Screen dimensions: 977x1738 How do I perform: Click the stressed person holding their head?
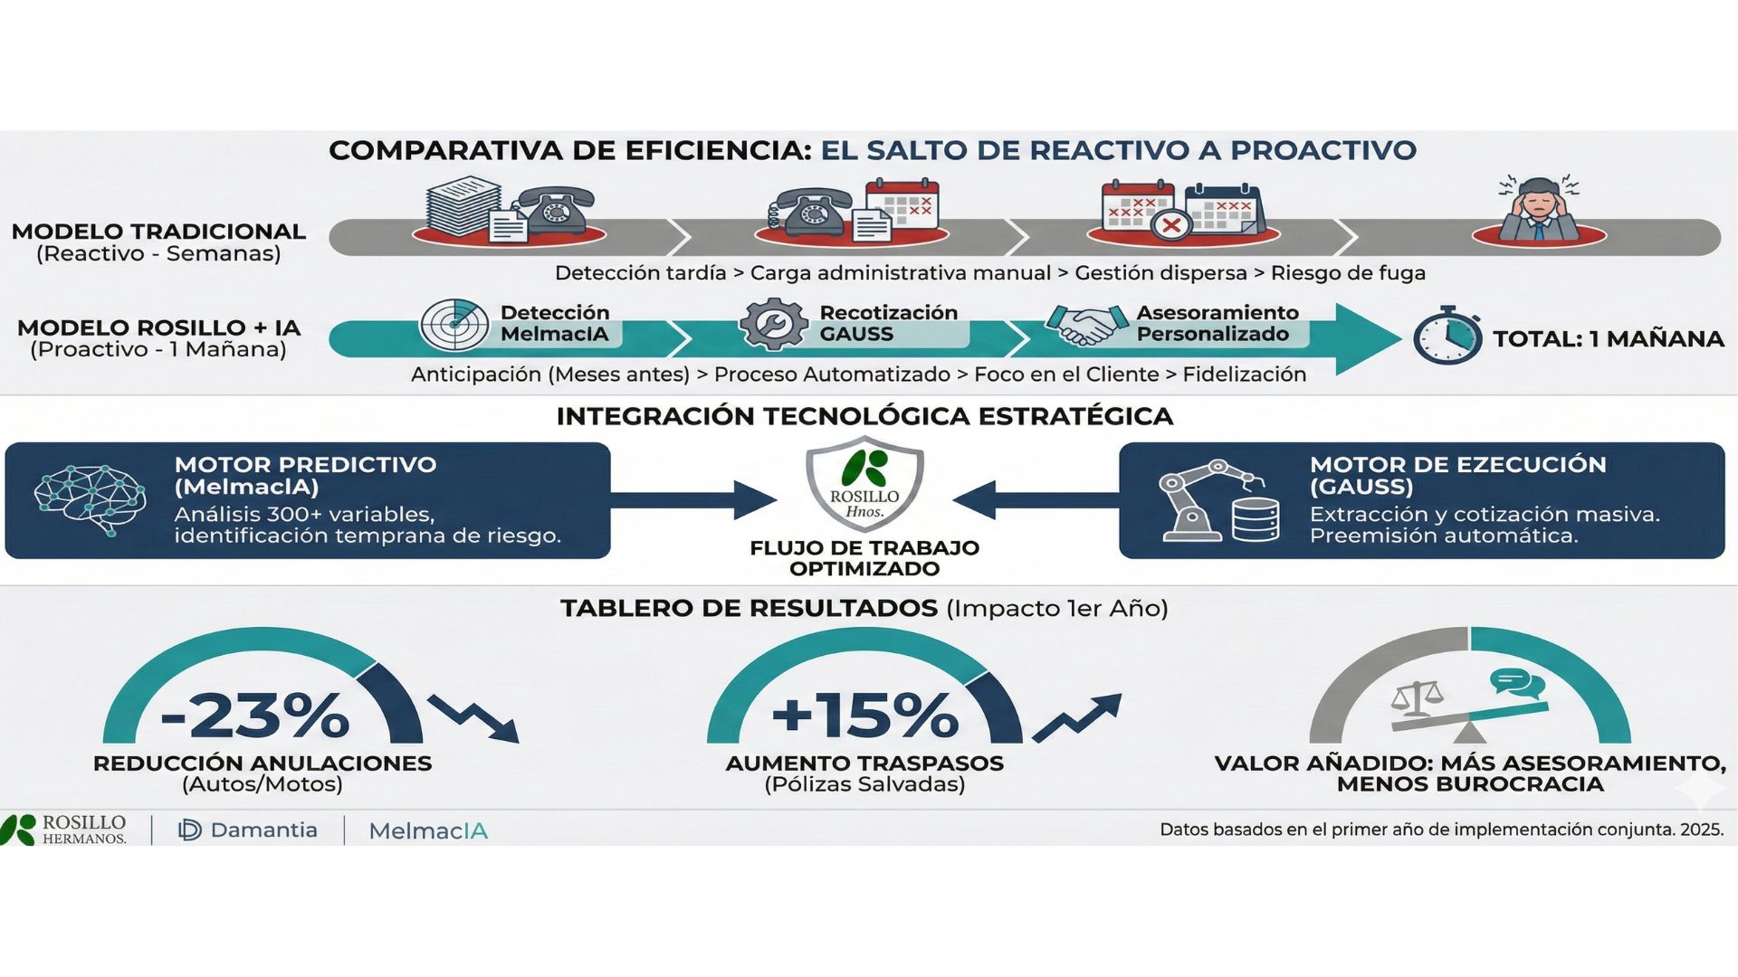1538,210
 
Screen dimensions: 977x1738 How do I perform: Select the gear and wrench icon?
773,324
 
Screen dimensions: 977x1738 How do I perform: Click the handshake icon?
1085,324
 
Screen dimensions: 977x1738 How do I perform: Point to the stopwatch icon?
1447,336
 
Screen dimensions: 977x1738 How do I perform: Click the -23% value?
255,716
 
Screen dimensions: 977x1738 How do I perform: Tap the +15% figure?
865,716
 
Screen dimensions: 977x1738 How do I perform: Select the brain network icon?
90,498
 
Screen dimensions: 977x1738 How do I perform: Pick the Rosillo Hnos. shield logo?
864,485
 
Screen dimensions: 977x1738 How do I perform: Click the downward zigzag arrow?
473,718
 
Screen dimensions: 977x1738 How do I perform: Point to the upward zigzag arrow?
1077,717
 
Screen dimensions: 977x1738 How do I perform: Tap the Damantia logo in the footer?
249,830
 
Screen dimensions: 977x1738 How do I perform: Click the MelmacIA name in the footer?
428,831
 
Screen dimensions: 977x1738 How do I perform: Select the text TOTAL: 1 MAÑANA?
1608,339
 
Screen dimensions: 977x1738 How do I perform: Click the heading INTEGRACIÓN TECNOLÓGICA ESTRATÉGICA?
864,416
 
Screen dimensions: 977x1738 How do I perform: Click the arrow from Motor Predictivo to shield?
692,500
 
